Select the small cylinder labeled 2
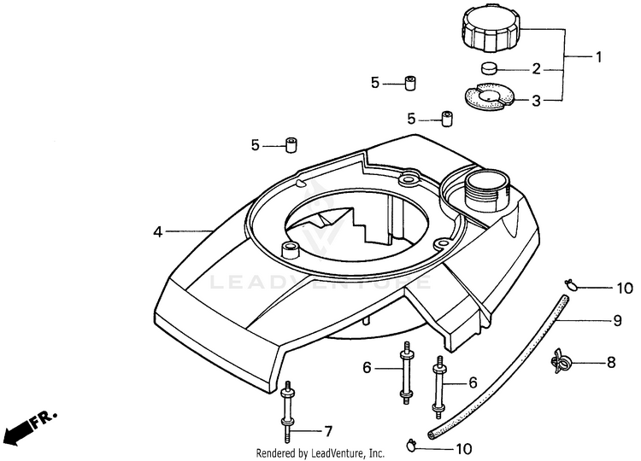490,69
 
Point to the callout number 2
537,69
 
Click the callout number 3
537,101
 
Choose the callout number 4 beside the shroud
157,231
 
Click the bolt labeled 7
287,409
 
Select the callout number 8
611,363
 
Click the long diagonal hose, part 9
496,367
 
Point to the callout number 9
616,321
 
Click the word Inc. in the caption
376,452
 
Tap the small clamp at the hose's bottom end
414,443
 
